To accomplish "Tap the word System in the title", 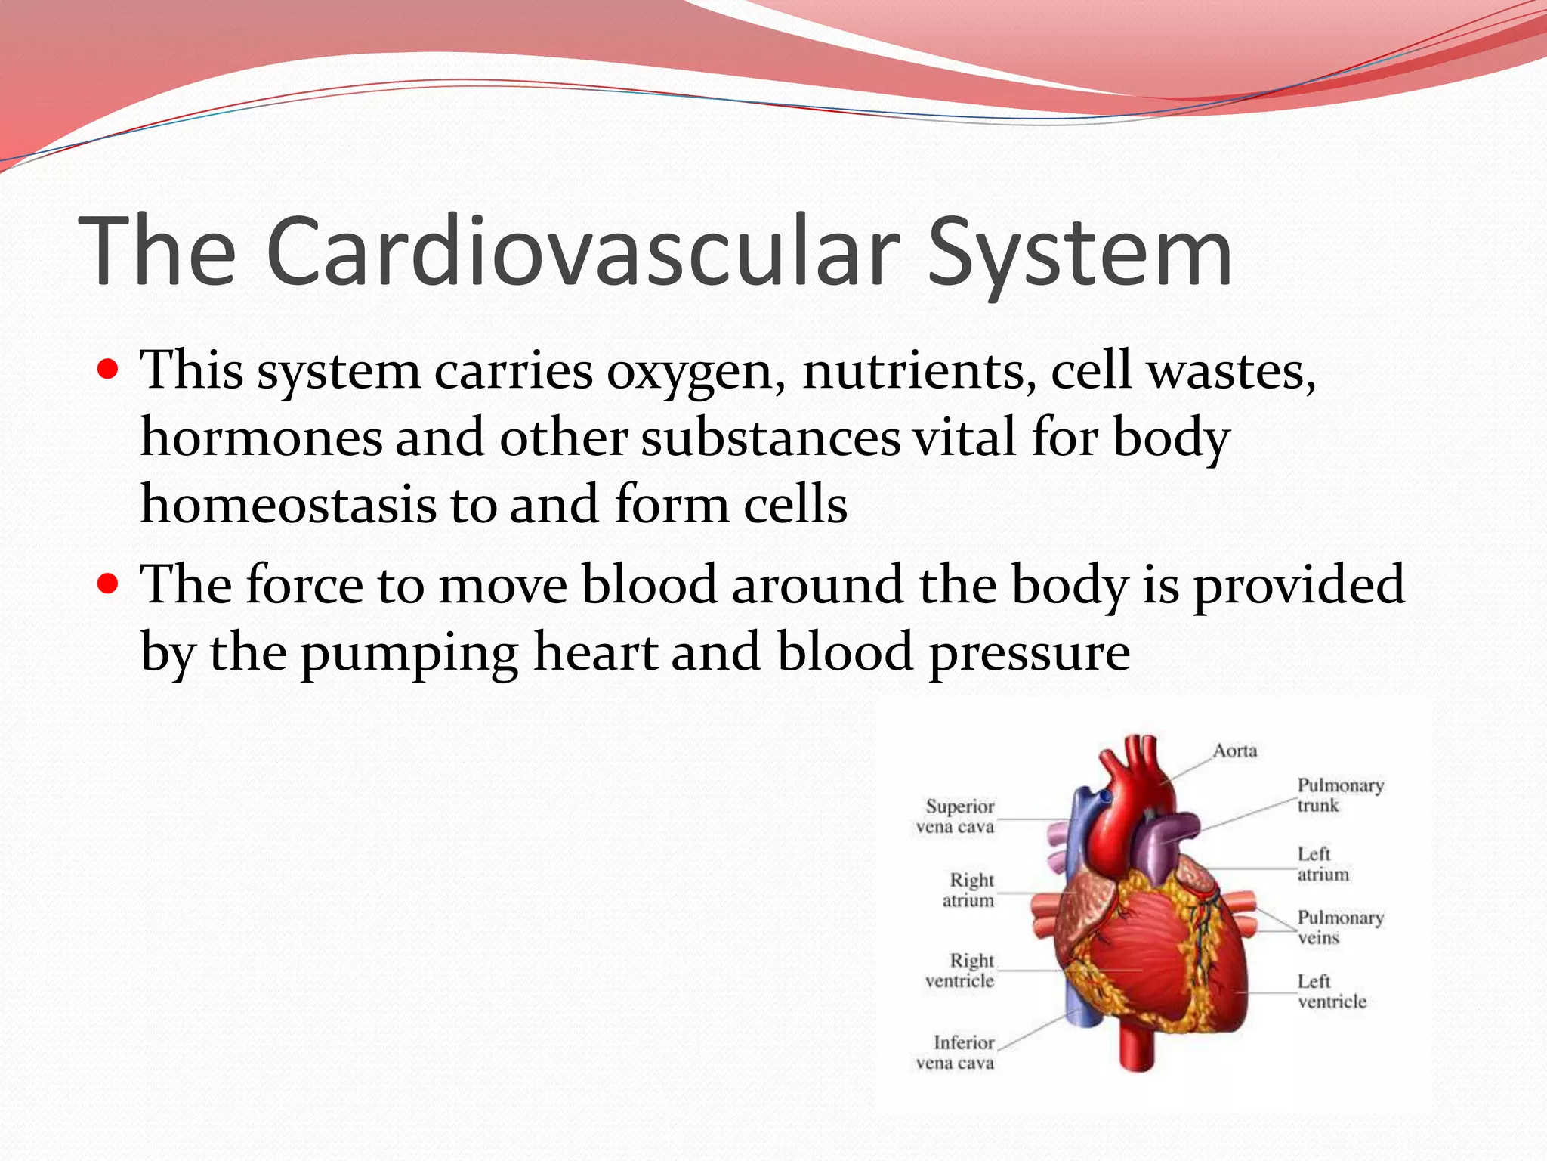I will tap(1079, 253).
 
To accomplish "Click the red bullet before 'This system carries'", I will tap(109, 370).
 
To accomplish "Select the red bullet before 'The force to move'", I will tap(109, 584).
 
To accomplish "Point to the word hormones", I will tap(261, 438).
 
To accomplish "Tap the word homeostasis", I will tap(288, 504).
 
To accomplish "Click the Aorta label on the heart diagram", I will tap(1235, 751).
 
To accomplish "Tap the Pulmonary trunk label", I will tap(1339, 795).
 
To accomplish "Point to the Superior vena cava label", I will tap(956, 816).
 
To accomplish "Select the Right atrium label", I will tap(969, 890).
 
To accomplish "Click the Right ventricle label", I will tap(961, 971).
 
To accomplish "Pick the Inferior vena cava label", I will tap(956, 1052).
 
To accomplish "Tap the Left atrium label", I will tap(1322, 864).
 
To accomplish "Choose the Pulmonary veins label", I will tap(1339, 927).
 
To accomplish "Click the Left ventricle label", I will tap(1331, 991).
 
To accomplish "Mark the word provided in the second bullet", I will tap(1298, 586).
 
